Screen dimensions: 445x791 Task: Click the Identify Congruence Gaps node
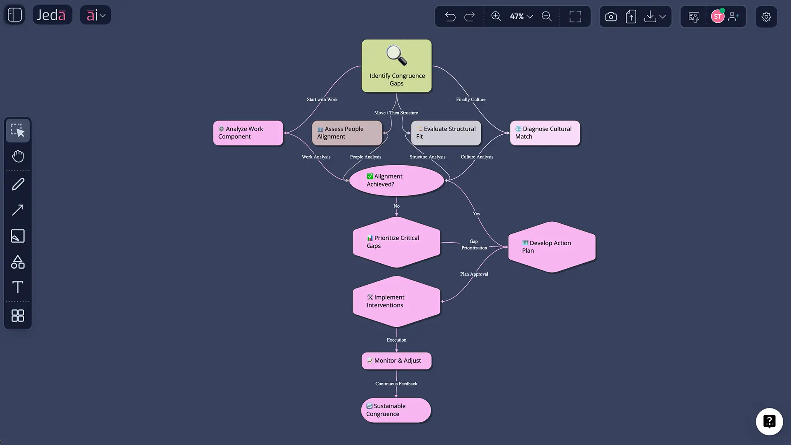tap(396, 66)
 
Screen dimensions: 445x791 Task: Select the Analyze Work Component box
tap(248, 133)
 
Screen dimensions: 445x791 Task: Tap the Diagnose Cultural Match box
tap(545, 133)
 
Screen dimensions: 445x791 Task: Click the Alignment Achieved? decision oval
tap(396, 180)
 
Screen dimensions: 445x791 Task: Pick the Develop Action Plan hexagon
tap(552, 247)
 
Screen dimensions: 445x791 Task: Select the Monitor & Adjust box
tap(396, 361)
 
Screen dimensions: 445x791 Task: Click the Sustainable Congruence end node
tap(396, 410)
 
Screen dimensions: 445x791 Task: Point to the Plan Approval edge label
tap(474, 274)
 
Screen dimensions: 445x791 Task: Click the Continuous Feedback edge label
tap(396, 384)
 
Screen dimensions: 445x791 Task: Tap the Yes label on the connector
tap(476, 213)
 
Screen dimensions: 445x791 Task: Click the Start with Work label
tap(322, 99)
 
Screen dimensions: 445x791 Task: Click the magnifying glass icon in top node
tap(396, 55)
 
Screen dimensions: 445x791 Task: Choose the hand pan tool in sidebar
tap(18, 156)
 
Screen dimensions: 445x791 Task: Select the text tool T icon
tap(18, 287)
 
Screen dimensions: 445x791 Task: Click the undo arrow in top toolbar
tap(450, 16)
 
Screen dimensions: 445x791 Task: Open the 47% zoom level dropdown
tap(521, 16)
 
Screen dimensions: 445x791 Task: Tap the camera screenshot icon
tap(611, 16)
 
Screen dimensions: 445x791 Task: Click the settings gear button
tap(766, 16)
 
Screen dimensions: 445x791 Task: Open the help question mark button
tap(769, 422)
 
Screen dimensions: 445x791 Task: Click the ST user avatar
tap(717, 16)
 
